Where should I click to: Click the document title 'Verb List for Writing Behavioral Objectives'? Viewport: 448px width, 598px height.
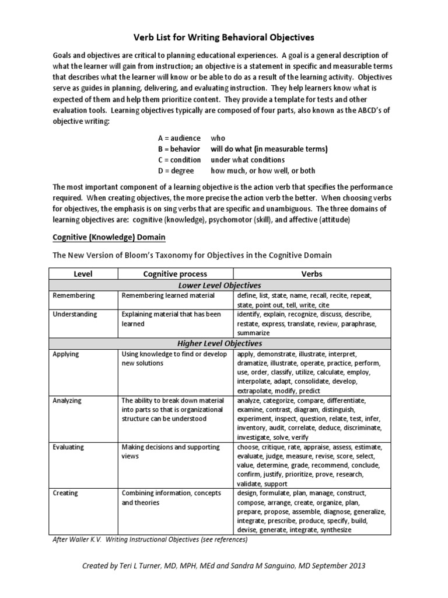(224, 37)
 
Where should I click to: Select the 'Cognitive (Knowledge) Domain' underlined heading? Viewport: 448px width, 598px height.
(109, 237)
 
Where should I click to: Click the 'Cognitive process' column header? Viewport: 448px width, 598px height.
(176, 273)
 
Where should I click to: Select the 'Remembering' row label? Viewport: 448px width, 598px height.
(73, 296)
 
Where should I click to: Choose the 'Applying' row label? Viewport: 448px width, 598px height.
(66, 354)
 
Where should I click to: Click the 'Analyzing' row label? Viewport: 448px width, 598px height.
(67, 401)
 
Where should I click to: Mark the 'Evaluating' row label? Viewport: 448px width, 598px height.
(68, 447)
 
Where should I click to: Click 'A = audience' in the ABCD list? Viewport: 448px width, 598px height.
(180, 138)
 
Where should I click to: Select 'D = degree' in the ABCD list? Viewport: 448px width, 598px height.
(177, 171)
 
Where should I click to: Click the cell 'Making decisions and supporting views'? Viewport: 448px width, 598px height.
(171, 451)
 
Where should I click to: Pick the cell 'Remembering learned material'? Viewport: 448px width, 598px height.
(168, 296)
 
